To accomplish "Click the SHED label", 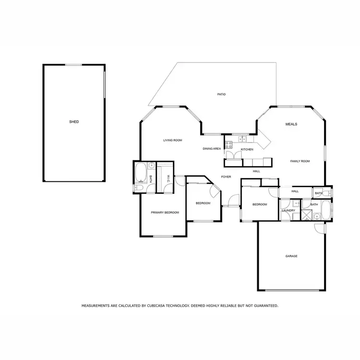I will point(74,122).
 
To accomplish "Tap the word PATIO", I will point(221,94).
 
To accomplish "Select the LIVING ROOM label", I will point(172,140).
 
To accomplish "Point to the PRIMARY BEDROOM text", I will point(165,212).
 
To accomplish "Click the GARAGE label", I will point(291,256).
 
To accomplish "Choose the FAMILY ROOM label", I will point(300,161).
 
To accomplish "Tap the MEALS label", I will point(291,124).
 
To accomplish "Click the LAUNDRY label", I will point(288,210).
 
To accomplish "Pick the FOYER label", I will point(226,177).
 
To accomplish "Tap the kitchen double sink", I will point(242,140).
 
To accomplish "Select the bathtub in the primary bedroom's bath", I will point(140,173).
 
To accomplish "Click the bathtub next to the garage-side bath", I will point(325,209).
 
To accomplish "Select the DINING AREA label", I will point(212,149).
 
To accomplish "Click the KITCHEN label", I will point(247,150).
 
